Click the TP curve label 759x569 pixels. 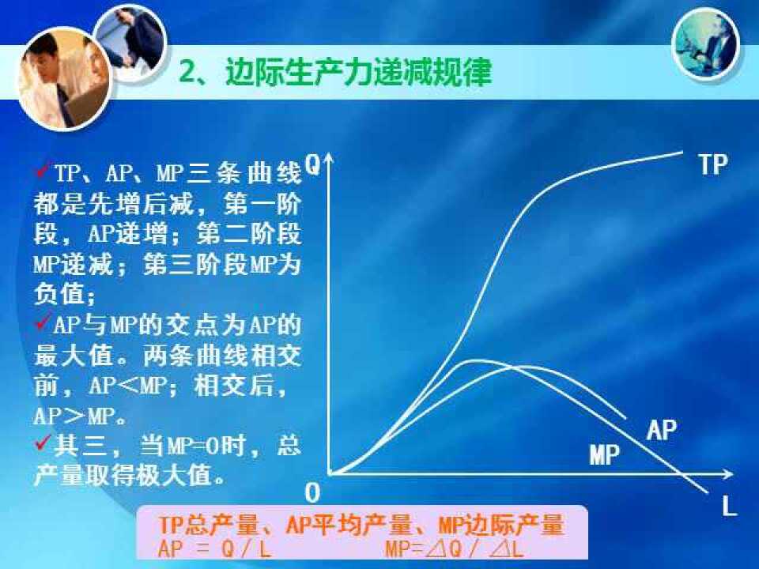coord(713,164)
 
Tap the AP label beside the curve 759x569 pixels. coord(661,429)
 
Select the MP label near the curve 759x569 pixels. coord(605,454)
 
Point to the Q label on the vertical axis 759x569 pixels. coord(313,164)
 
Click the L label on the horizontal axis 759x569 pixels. coord(729,506)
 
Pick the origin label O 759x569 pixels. coord(313,493)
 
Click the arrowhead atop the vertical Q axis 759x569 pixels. coord(329,158)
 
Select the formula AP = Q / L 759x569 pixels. coord(213,548)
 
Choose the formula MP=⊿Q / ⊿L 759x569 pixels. coord(455,548)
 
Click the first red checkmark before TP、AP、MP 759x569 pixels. coord(43,171)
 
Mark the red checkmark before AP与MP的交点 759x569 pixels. coord(43,322)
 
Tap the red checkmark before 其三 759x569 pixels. coord(43,443)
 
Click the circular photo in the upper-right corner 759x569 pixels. coord(706,44)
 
